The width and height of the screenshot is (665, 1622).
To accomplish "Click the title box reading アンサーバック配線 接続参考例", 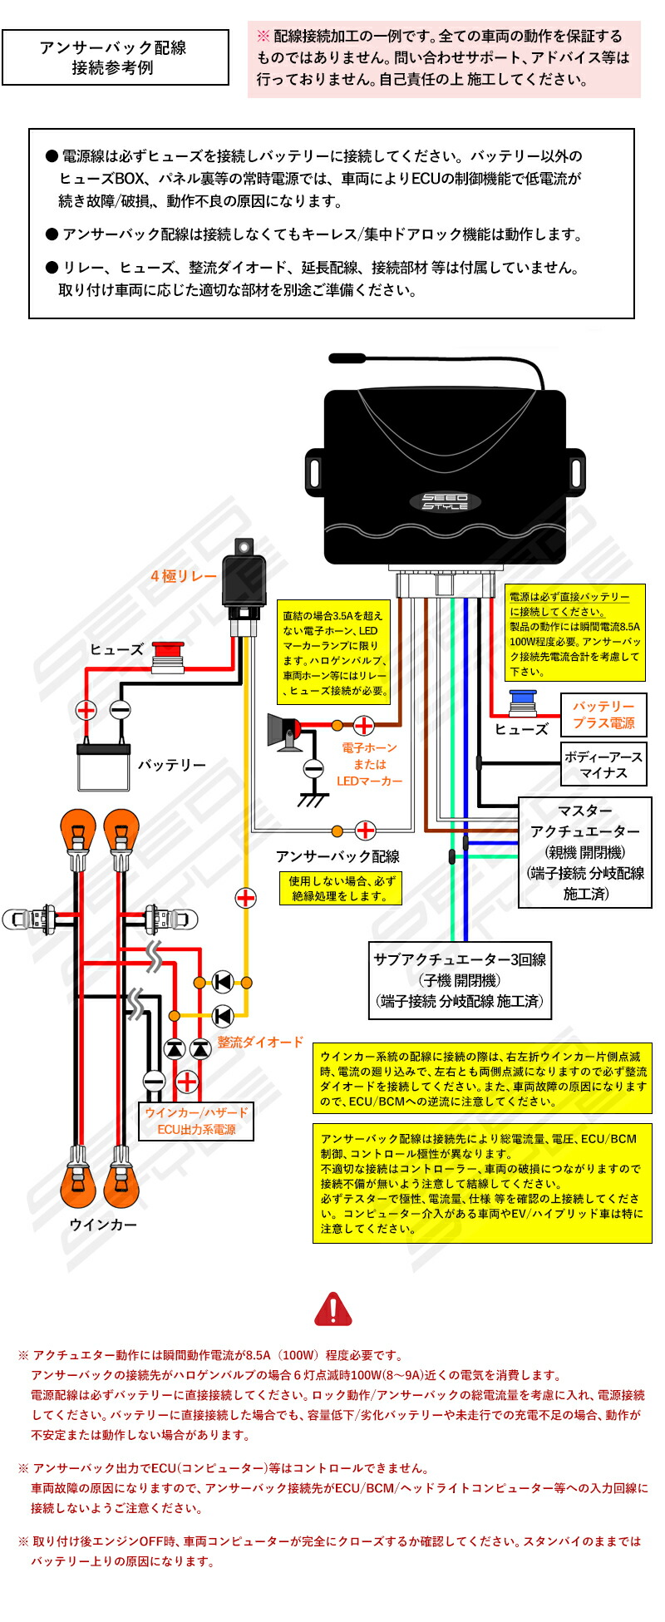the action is pos(116,57).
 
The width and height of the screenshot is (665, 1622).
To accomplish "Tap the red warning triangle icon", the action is pos(333,1309).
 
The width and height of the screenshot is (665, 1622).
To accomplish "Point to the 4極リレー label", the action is pos(183,576).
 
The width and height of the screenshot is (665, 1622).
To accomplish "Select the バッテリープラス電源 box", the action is pos(603,715).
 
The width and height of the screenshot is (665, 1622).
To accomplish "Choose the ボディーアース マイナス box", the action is pos(603,765).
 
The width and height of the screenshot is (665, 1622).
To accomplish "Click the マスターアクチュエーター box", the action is pos(585,852).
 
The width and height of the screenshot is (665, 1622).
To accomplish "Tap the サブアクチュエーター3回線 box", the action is pos(460,980).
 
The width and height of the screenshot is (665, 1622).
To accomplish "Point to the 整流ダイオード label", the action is pos(261,1042).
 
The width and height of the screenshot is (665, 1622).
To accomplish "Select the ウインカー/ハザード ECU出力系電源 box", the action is pos(196,1121).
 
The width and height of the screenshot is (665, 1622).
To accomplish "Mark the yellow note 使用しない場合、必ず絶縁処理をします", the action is pos(340,889).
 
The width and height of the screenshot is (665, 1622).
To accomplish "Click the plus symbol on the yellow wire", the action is pos(246,898).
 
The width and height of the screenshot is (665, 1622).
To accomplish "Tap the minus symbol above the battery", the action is pos(121,709).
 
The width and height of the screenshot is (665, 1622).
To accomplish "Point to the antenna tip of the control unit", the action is pos(333,357).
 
